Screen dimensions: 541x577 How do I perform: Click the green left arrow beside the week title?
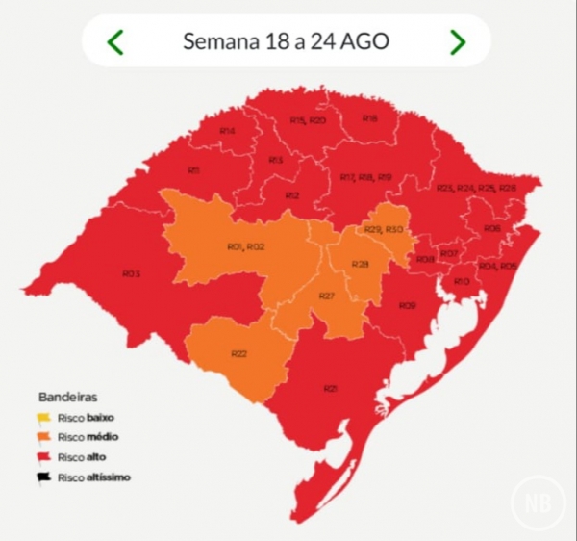(115, 41)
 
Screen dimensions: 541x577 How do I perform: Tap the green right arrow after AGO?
(458, 41)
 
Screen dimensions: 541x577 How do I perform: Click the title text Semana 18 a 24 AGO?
(286, 41)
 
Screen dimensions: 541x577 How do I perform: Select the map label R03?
(132, 273)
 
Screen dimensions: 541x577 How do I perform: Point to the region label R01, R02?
(245, 247)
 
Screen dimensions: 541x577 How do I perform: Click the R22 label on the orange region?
(238, 353)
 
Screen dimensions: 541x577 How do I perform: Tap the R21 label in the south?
(331, 388)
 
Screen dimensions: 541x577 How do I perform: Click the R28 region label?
(360, 264)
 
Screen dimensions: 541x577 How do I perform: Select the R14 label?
(227, 130)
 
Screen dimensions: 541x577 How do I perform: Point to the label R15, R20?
(308, 120)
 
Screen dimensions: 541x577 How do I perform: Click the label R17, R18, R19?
(366, 177)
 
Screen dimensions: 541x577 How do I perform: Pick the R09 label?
(408, 305)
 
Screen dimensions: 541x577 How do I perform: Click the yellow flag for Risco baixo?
(43, 419)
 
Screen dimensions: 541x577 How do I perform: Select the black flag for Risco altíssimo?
(43, 477)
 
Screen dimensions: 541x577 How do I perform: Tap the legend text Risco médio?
(88, 438)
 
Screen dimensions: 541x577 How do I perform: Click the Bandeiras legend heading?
(67, 396)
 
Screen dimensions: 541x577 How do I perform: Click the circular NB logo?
(538, 502)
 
